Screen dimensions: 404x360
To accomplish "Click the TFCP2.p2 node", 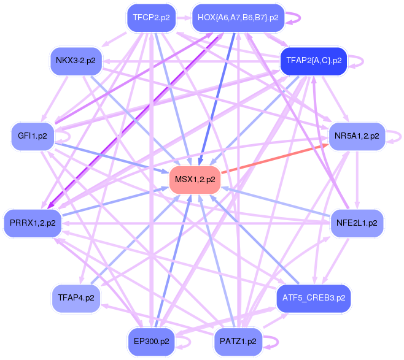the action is click(150, 18).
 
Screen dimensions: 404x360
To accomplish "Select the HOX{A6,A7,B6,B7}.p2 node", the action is click(238, 18).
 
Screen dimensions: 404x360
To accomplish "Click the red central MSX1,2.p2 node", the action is click(195, 180).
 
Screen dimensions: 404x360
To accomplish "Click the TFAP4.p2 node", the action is click(76, 298).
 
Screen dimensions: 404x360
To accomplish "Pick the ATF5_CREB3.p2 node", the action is click(314, 298).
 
